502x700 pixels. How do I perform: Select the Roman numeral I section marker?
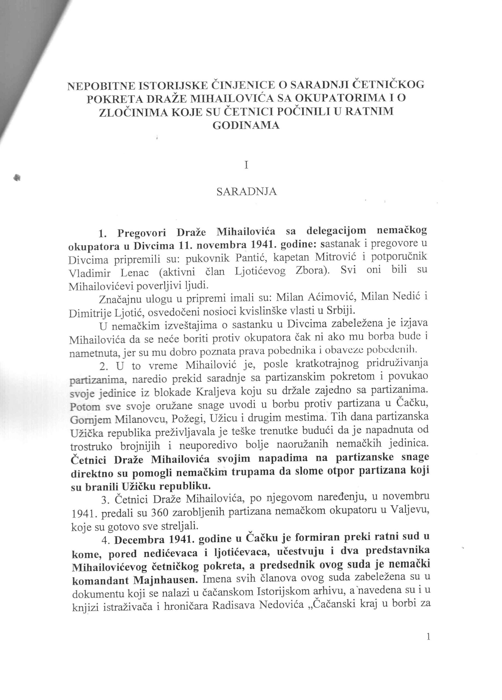point(246,165)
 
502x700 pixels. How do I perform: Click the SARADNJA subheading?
point(246,192)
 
